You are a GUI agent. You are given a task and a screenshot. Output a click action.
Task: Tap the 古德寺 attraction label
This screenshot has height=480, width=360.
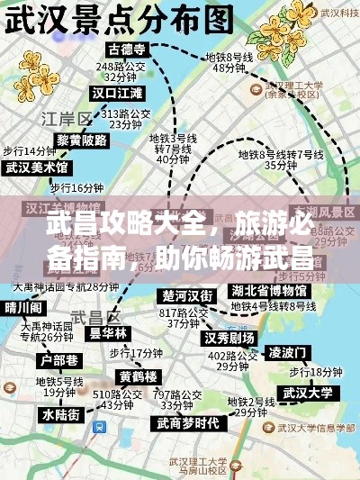point(127,48)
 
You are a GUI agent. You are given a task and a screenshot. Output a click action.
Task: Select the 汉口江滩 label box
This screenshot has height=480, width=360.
point(117,93)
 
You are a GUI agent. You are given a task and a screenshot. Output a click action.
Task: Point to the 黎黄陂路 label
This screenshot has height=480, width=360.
point(82,141)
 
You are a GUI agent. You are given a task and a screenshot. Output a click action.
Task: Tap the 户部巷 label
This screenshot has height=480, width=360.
point(53,359)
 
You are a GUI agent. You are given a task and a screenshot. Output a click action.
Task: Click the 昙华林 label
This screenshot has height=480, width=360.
point(108,332)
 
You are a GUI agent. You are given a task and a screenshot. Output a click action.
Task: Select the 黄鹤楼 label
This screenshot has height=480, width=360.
point(139,376)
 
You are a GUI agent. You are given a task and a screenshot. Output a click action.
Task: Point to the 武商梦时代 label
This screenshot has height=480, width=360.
point(187,423)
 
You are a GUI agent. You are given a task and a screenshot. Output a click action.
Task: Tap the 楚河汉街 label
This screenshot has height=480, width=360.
point(187,295)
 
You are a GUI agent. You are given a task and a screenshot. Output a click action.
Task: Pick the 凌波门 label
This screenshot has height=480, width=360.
point(289,350)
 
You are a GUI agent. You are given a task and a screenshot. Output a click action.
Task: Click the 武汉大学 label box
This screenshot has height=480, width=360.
point(308,392)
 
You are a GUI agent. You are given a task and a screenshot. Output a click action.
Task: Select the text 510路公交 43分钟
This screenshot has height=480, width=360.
point(118,399)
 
